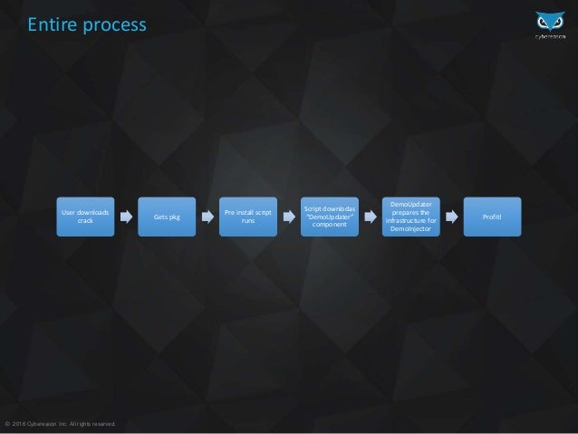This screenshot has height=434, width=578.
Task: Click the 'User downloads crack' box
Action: pos(85,217)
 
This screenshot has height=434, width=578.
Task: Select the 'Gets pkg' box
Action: pos(167,217)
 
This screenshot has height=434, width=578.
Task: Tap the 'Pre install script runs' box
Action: pos(248,217)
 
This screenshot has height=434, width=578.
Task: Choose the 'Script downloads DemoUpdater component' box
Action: pos(330,217)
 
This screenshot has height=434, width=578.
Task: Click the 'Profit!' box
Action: pos(493,217)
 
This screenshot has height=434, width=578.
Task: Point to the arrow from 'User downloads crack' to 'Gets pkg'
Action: pos(126,217)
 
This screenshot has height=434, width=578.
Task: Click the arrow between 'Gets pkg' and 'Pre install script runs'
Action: pos(207,217)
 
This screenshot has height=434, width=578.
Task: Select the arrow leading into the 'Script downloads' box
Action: pos(289,217)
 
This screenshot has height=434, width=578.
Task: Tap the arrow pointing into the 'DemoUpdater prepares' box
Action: pos(371,217)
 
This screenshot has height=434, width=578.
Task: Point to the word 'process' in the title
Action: pos(112,26)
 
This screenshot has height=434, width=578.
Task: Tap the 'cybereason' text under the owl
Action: pos(547,38)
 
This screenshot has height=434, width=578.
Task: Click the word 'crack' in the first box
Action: pos(85,221)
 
